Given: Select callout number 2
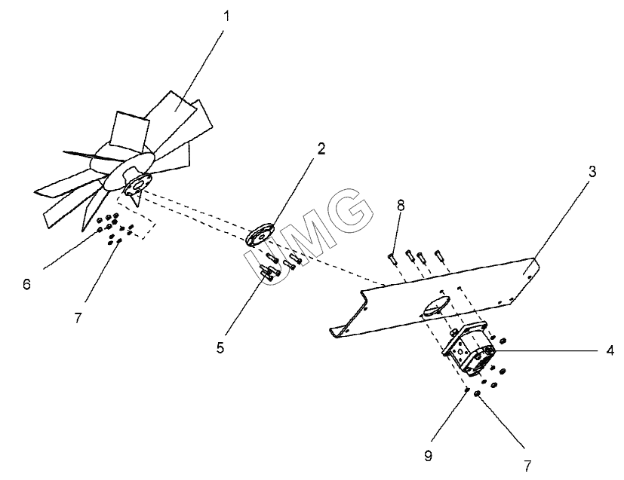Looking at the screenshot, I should pyautogui.click(x=321, y=148).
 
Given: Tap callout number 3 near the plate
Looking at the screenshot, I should pyautogui.click(x=592, y=171).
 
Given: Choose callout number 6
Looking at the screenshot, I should pyautogui.click(x=27, y=284).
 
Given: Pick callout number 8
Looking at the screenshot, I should pyautogui.click(x=401, y=204).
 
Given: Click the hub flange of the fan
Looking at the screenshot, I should pyautogui.click(x=137, y=185).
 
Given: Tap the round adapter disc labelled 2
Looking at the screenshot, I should pyautogui.click(x=260, y=234).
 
